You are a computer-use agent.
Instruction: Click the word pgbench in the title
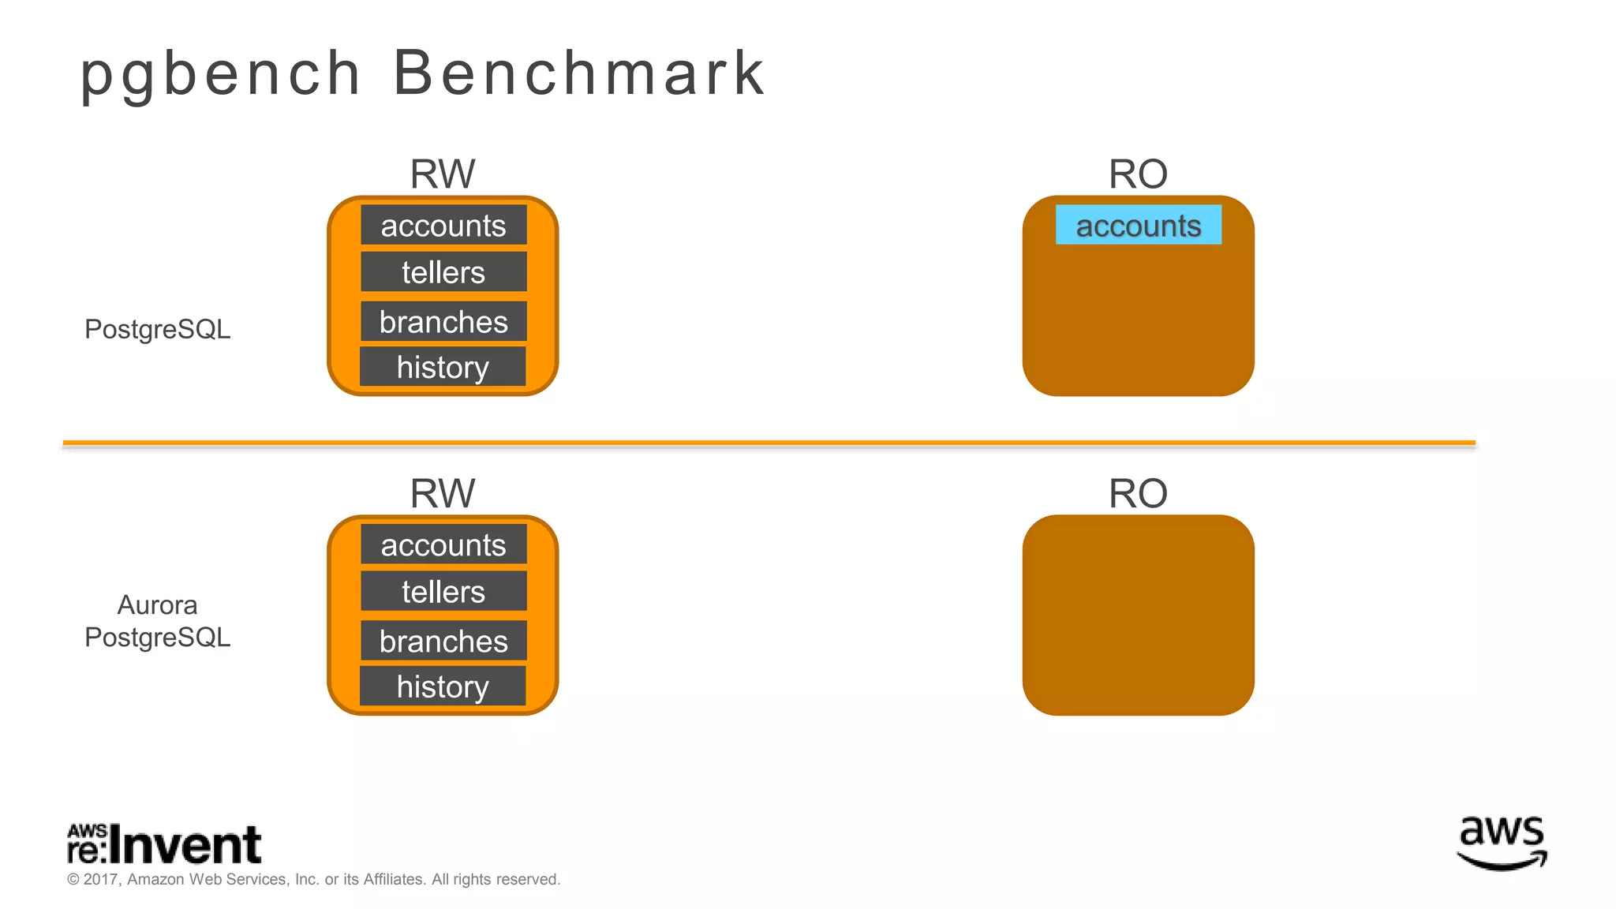point(220,73)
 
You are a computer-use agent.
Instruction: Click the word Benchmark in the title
point(578,73)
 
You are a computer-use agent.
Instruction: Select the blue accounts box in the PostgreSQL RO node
point(1138,225)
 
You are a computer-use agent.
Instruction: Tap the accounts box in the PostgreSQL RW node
point(443,225)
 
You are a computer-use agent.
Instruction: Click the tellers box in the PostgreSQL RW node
point(443,271)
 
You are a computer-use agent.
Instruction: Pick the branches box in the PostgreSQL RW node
point(443,321)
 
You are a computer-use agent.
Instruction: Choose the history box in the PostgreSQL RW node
point(443,367)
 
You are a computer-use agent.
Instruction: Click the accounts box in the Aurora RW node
point(443,544)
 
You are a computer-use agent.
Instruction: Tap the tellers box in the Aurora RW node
point(443,591)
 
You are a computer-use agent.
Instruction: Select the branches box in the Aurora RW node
point(443,641)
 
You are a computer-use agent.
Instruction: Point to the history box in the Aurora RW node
point(443,686)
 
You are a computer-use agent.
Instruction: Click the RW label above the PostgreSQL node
point(443,174)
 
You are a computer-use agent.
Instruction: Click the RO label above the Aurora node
point(1138,493)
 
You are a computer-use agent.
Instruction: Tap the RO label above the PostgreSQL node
point(1138,174)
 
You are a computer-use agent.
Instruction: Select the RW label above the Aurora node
point(443,493)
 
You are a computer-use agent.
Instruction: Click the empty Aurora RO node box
point(1138,615)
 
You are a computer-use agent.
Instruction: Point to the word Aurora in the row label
point(157,605)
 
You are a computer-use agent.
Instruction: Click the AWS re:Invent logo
point(164,844)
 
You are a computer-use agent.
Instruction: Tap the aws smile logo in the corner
point(1502,844)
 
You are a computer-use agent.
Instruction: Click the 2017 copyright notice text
point(314,879)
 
